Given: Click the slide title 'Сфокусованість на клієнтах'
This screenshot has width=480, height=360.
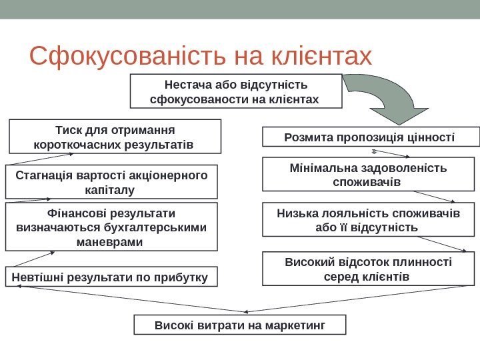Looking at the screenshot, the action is (x=200, y=57).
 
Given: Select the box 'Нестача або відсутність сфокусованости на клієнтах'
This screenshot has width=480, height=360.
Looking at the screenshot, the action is (x=235, y=92).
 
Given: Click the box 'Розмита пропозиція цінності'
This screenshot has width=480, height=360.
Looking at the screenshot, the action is (x=371, y=137).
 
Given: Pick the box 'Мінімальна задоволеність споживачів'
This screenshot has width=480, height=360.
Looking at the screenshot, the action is (x=371, y=174).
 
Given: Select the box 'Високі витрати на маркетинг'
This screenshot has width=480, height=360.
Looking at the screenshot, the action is (x=241, y=325).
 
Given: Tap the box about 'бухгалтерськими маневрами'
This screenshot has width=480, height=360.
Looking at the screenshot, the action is (x=111, y=227).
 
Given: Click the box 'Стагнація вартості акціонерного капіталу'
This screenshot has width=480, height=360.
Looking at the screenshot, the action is (x=111, y=182).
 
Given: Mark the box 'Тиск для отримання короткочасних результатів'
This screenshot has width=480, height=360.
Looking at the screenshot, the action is (x=114, y=136).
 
